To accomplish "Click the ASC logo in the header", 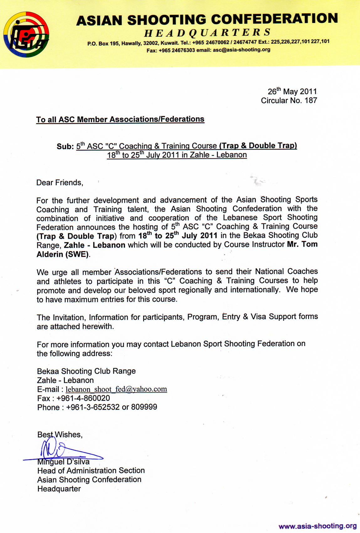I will [x=26, y=34].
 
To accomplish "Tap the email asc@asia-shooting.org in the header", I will [x=242, y=50].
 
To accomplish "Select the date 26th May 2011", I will [x=292, y=92].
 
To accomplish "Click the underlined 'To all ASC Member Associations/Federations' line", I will [x=120, y=119].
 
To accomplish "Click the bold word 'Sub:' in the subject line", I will [x=65, y=146].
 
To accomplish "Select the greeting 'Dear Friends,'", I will [x=60, y=183].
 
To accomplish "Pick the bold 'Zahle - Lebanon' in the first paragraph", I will [x=95, y=245].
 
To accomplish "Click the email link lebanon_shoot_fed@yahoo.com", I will [x=116, y=389].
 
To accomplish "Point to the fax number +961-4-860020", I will [x=83, y=398].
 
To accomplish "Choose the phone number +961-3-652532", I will [x=93, y=407].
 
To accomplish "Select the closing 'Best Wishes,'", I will [x=60, y=435].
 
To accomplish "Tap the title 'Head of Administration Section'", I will [x=91, y=471].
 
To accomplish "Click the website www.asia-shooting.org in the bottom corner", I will [x=317, y=526].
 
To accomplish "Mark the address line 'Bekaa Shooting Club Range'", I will [x=86, y=371].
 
